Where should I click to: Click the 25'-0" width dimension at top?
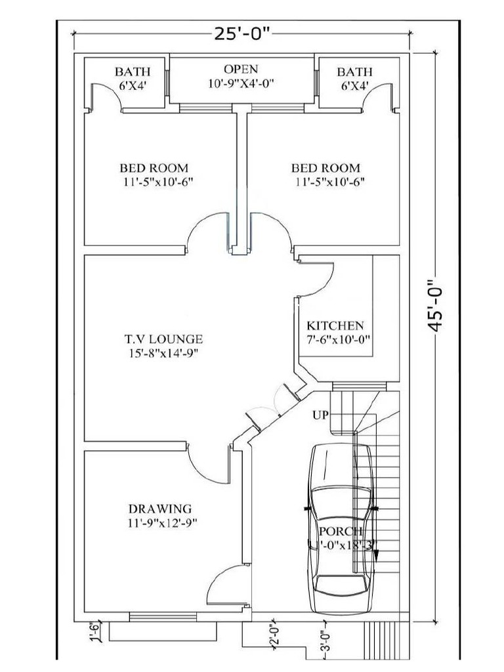coord(241,33)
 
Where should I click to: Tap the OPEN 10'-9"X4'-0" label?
coord(241,76)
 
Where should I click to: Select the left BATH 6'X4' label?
coord(133,78)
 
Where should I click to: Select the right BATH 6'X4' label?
coord(354,78)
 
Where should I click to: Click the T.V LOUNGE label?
coord(163,346)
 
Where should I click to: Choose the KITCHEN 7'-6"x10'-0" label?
coord(335,332)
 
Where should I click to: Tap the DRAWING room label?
coord(160,515)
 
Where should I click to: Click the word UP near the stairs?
coord(320,416)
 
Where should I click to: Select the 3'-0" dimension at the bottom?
coord(325,640)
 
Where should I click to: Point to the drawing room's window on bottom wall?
coord(162,616)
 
